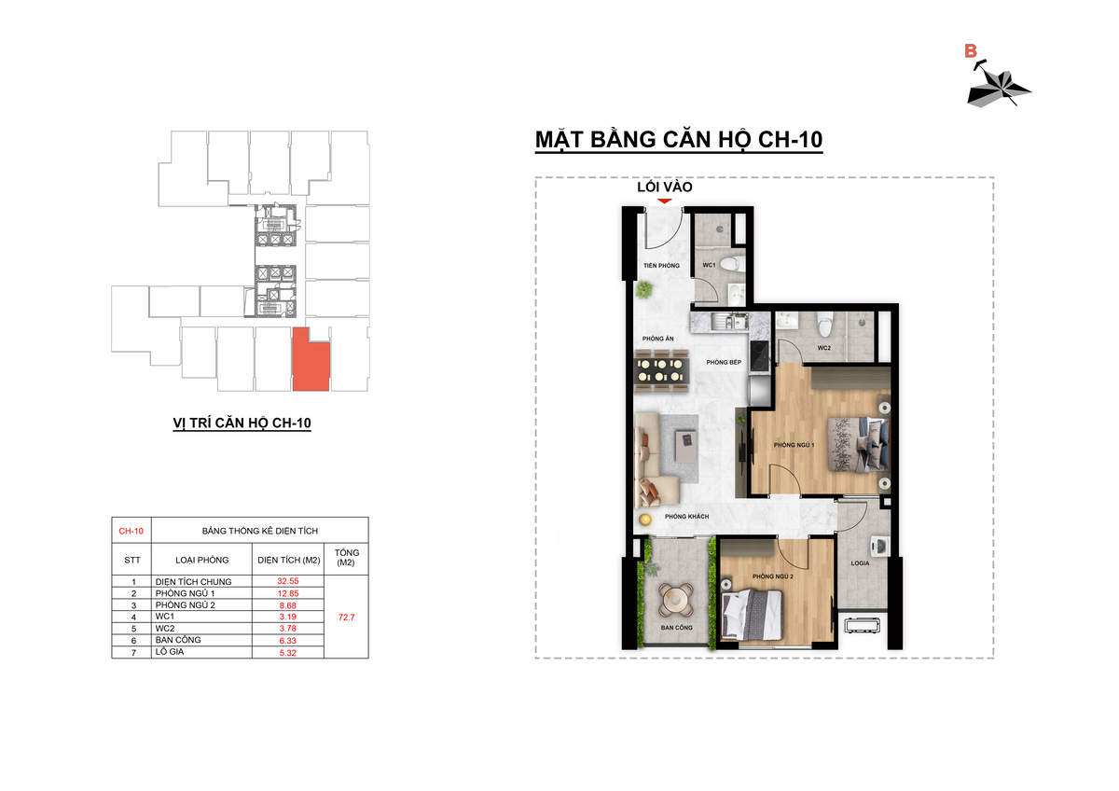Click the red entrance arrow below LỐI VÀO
pos(664,201)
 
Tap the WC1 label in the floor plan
pos(709,265)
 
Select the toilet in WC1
pos(734,263)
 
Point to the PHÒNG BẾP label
pos(724,362)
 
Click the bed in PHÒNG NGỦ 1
pos(858,444)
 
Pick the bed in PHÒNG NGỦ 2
pos(752,614)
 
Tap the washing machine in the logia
pos(879,547)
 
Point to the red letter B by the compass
pos(970,51)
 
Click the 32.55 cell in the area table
pos(288,580)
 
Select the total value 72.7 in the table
pos(346,618)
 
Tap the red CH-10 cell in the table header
pos(131,531)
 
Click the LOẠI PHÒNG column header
pos(201,560)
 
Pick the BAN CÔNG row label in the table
pos(178,640)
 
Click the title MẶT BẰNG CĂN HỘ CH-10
pos(679,139)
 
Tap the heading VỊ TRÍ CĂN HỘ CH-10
pos(242,423)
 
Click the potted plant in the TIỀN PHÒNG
pos(644,289)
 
